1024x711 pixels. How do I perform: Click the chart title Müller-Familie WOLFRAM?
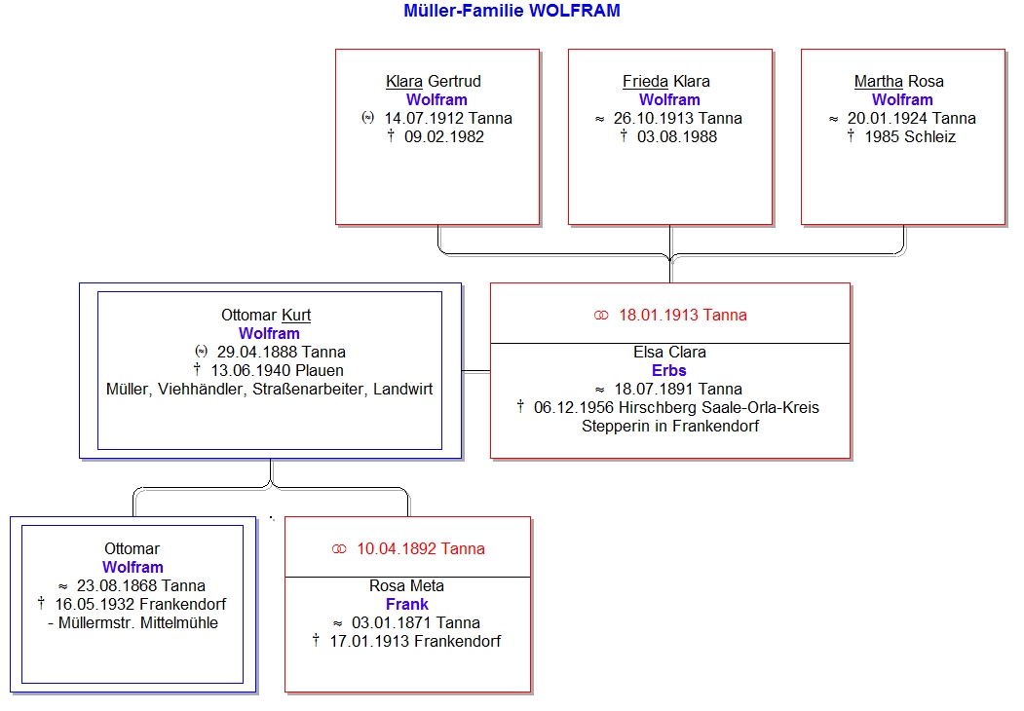[x=512, y=11]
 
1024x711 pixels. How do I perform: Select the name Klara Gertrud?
[x=433, y=81]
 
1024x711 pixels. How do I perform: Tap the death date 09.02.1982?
[x=444, y=136]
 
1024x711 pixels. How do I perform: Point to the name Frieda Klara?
[x=666, y=81]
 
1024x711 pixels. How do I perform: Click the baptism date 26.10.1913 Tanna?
[x=678, y=118]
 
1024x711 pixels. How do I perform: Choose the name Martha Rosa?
[x=898, y=81]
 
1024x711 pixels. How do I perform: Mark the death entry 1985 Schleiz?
[x=910, y=136]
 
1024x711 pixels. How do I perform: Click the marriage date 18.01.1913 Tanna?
[x=683, y=315]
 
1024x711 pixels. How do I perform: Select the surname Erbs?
[x=669, y=370]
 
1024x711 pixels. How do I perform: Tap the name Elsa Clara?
[x=669, y=352]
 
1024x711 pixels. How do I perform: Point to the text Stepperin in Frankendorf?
[x=670, y=426]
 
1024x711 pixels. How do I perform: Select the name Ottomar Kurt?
[x=266, y=315]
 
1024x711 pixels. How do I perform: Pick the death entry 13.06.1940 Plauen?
[x=277, y=370]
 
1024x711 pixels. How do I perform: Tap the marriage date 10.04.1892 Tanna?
[x=421, y=548]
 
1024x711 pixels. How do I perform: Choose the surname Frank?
[x=407, y=604]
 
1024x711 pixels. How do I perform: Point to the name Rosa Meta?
[x=406, y=585]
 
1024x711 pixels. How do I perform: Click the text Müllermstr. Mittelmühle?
[x=137, y=623]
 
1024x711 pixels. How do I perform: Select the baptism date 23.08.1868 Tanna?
[x=141, y=585]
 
